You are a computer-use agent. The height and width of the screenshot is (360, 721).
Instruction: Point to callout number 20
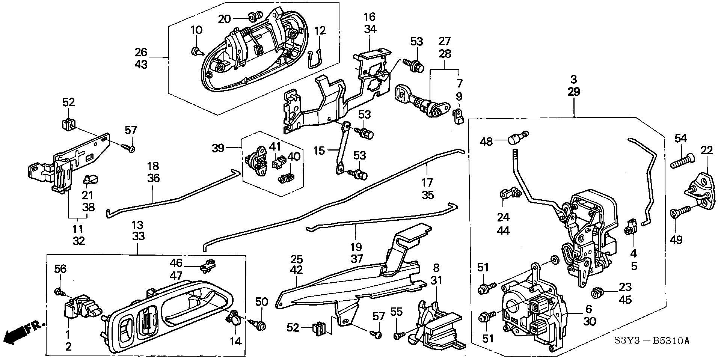click(225, 19)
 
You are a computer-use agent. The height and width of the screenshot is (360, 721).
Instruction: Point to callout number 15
click(319, 151)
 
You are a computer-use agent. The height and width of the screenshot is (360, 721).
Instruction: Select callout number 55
click(396, 312)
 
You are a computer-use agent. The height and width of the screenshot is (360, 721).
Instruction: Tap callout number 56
click(60, 268)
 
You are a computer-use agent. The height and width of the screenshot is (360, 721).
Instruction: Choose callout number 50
click(262, 302)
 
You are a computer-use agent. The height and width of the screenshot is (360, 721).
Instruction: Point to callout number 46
click(176, 263)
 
